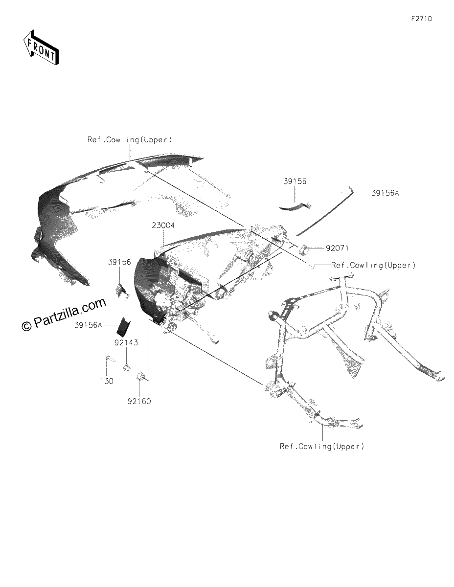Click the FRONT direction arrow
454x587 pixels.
click(41, 47)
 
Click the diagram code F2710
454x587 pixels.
click(422, 19)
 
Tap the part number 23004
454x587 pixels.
click(163, 225)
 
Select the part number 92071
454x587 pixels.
click(337, 248)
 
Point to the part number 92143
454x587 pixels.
click(126, 342)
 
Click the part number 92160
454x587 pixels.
click(139, 401)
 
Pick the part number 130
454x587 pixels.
click(107, 381)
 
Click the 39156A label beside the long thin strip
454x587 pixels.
click(385, 193)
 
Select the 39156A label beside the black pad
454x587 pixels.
click(89, 325)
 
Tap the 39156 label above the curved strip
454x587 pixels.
click(295, 181)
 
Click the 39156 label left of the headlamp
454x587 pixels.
click(119, 262)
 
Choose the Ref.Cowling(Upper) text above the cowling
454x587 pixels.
click(130, 140)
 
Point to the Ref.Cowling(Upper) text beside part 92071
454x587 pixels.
click(373, 265)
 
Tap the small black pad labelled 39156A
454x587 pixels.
click(123, 326)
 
